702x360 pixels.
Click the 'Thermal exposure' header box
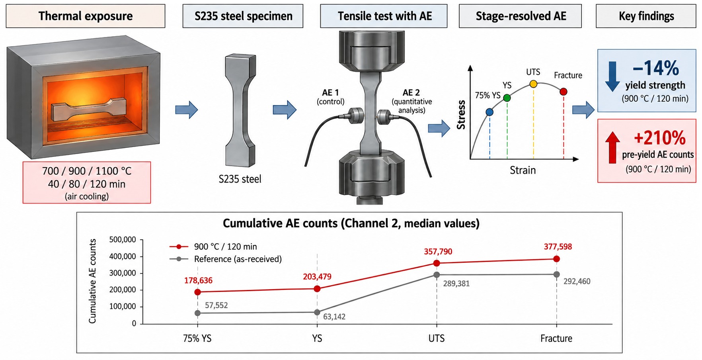[86, 16]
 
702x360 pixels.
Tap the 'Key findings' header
[646, 16]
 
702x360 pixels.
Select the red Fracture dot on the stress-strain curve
[564, 92]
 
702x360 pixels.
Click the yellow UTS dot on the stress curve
[533, 84]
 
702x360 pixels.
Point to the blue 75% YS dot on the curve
[489, 112]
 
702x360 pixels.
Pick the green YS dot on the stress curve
[507, 98]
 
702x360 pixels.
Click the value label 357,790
[438, 252]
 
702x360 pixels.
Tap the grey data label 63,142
[334, 317]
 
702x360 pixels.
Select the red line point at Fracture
[556, 259]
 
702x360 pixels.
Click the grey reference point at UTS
[437, 274]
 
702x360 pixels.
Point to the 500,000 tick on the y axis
[123, 240]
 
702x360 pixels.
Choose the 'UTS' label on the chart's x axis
[437, 338]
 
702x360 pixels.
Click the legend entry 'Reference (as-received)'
[226, 259]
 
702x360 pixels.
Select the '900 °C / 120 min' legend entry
[214, 247]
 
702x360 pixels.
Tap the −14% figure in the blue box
[656, 68]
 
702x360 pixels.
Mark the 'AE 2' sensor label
[411, 92]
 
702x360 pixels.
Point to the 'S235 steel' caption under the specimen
[240, 179]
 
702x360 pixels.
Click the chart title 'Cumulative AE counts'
[281, 223]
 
